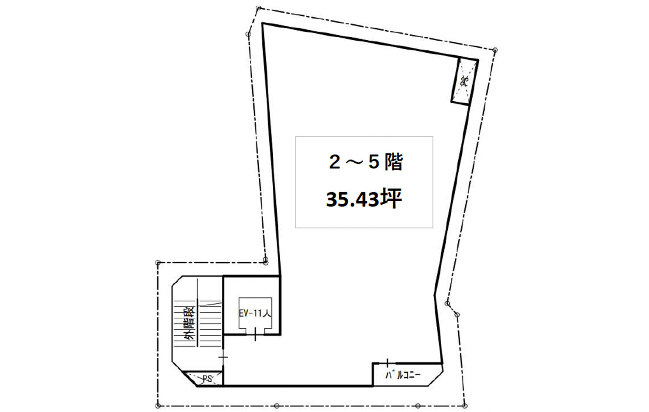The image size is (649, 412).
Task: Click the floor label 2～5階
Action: tap(366, 162)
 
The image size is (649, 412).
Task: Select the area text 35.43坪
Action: tap(364, 199)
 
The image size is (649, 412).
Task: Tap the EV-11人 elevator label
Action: tap(255, 313)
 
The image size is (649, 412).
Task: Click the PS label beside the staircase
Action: tap(208, 379)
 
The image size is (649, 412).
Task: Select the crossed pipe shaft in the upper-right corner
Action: tap(464, 82)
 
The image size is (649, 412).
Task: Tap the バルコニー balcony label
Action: tap(403, 375)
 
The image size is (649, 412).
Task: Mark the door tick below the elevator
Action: tap(255, 334)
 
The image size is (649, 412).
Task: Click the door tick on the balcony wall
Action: tap(387, 363)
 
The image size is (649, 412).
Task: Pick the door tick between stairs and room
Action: tap(223, 357)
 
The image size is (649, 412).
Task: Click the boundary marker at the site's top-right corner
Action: tap(495, 50)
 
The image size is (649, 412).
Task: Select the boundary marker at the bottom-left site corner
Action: tap(158, 405)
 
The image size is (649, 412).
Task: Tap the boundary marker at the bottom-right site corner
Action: tap(465, 405)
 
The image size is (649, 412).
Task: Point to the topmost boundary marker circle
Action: tap(259, 8)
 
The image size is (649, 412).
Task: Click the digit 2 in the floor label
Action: tap(334, 163)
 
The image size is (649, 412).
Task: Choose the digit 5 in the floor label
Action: tap(374, 163)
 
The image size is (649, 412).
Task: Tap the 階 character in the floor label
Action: tap(394, 162)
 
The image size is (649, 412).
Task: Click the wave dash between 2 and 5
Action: tap(354, 163)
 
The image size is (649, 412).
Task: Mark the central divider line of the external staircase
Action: tap(198, 312)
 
